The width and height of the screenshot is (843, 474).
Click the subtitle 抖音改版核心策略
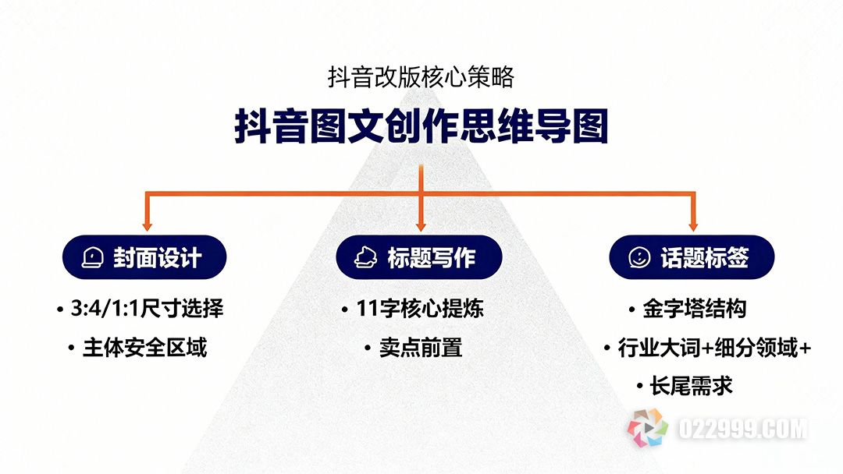421,77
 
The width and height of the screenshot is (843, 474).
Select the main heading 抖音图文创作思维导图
421,127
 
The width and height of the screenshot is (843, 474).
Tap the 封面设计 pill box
144,257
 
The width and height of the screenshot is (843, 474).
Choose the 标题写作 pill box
419,257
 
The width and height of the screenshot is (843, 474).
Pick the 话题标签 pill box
692,257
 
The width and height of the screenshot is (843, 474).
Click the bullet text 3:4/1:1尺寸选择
147,309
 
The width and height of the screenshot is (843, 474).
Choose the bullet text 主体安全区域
144,348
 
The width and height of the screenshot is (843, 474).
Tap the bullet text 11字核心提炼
419,309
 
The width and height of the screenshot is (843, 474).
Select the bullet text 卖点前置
421,348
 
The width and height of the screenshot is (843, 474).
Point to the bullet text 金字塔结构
694,309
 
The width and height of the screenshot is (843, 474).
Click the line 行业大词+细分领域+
714,348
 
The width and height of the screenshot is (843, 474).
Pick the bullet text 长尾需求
692,385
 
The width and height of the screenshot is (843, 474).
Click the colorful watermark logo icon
649,428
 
